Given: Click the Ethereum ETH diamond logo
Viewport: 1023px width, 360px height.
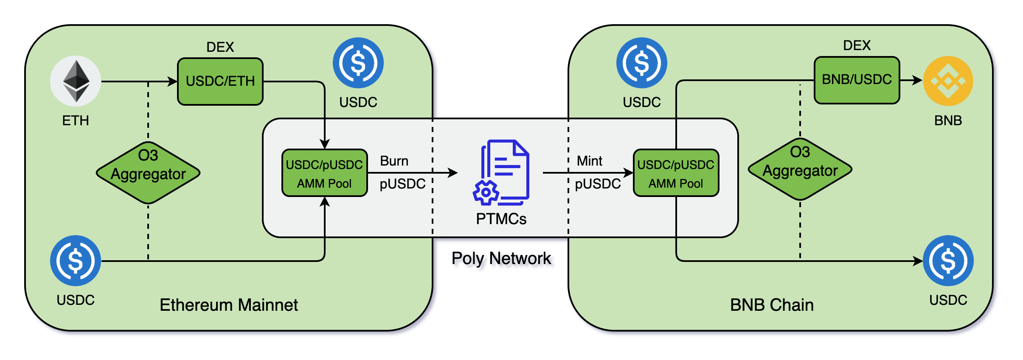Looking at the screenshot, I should [76, 81].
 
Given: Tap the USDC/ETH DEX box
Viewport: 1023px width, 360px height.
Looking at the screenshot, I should [220, 81].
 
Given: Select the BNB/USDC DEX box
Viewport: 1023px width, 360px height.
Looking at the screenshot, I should [857, 80].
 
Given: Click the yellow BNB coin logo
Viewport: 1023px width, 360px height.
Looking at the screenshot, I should [948, 81].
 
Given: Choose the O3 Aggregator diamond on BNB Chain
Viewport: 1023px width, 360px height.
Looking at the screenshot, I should [800, 169].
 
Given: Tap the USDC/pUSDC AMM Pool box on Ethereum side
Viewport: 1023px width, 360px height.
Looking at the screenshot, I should [324, 173].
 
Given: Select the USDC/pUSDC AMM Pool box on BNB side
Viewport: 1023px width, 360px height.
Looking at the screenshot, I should [676, 173].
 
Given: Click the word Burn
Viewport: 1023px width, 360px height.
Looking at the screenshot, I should [394, 161].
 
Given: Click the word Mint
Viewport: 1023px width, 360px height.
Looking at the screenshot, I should [589, 161].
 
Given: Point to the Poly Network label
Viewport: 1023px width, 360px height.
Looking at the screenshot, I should [501, 258].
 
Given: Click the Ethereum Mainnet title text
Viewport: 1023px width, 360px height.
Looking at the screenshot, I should [229, 305].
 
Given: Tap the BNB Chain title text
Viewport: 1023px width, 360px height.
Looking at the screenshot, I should [772, 305].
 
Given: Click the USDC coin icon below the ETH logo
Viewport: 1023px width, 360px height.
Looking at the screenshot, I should [76, 261].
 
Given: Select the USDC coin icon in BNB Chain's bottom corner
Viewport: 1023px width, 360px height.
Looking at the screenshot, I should [948, 261].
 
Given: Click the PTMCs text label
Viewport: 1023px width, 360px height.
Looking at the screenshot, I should [501, 219].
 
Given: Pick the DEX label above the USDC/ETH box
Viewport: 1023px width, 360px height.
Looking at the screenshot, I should [220, 47].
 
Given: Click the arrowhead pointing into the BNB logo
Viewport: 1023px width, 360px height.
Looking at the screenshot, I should [918, 80].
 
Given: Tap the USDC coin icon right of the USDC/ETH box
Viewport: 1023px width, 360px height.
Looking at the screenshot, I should [358, 63].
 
